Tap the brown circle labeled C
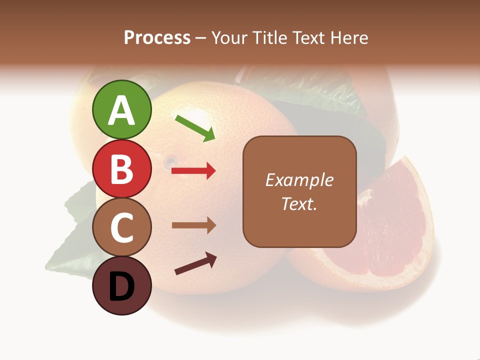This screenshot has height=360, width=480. coord(121,227)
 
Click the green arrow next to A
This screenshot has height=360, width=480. coord(195,128)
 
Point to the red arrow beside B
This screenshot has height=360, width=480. coord(193,171)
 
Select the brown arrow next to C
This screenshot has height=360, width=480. coord(193,225)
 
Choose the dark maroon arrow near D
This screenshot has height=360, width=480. coord(195,263)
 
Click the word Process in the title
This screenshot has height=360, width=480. coord(157,38)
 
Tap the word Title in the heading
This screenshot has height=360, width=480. coord(268,38)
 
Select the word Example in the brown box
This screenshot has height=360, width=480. coord(299,180)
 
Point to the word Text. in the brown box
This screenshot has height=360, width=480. coord(299,203)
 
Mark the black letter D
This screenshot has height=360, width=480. coord(121,287)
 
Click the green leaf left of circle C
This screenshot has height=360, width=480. coord(70,245)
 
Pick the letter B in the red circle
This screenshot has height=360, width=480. coord(121,169)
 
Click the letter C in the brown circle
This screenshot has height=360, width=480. coord(121,228)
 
